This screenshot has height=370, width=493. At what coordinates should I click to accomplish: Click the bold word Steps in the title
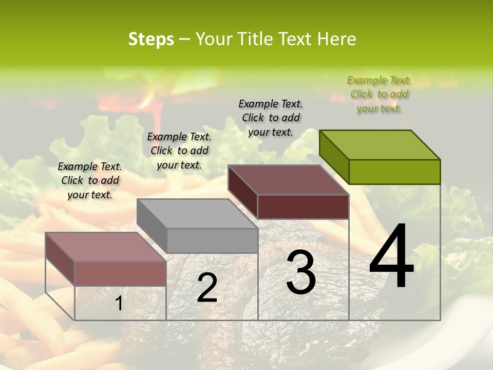point(150,39)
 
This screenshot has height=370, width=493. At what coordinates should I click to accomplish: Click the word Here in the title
point(337,39)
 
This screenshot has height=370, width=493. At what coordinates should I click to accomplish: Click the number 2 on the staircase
point(207,288)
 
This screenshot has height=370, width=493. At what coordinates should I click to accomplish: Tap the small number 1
point(119,304)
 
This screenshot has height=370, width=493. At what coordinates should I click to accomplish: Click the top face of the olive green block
point(380,144)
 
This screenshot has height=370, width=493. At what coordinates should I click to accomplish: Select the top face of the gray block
point(198,213)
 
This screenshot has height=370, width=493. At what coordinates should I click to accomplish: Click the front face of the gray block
point(213,240)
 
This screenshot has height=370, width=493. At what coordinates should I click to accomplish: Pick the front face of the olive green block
point(394,172)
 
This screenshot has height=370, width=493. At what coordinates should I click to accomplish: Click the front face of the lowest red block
point(120,273)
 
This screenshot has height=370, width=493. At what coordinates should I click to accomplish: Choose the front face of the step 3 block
point(303,207)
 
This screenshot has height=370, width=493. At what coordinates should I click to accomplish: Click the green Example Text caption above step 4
point(379,94)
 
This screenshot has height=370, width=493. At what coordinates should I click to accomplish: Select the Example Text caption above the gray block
point(179,151)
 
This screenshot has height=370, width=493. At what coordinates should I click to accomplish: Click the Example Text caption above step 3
point(271,118)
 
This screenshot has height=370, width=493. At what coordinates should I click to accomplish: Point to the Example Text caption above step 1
point(90,180)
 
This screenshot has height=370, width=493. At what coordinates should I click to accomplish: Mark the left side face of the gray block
point(152,226)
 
